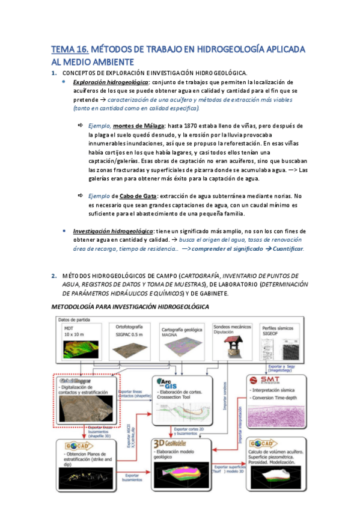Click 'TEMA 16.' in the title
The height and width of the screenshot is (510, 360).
tap(69, 49)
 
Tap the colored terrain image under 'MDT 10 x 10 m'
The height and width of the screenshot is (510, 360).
tap(82, 347)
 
